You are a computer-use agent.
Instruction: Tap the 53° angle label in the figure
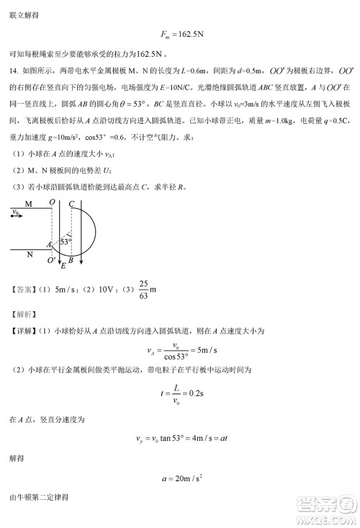66,242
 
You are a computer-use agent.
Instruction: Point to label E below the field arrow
63,267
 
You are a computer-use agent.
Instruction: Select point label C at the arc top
72,204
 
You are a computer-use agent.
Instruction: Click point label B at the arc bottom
71,259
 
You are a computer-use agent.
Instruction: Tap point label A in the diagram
49,246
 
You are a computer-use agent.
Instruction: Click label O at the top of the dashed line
53,204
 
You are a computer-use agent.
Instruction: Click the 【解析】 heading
22,313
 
